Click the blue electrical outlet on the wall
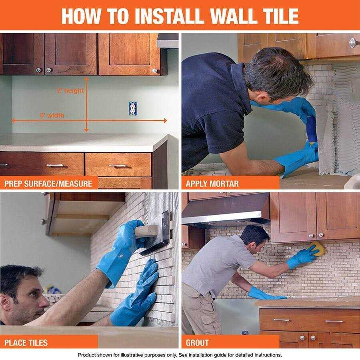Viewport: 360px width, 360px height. [133, 107]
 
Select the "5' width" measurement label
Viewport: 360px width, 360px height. [52, 115]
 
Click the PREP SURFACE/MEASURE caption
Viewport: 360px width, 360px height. [48, 184]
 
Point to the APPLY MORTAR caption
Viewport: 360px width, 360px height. [212, 184]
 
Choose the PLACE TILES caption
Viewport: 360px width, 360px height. [26, 342]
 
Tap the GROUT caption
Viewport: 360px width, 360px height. [197, 342]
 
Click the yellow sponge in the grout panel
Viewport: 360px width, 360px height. [316, 249]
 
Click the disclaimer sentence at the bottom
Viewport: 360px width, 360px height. [180, 355]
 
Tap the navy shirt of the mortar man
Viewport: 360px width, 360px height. [212, 108]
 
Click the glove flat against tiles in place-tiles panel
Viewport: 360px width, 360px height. [136, 296]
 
